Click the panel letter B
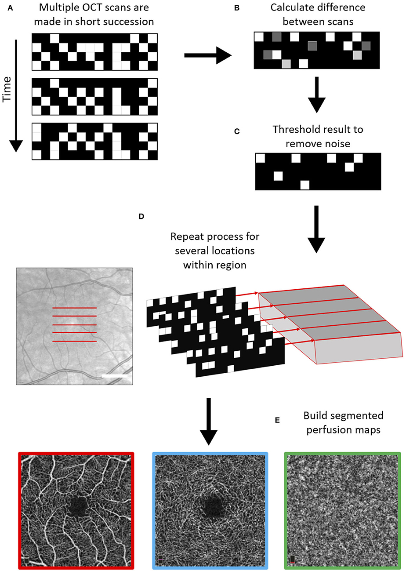point(237,7)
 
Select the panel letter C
point(237,131)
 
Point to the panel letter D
point(141,216)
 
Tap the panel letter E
point(277,421)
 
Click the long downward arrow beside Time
point(16,95)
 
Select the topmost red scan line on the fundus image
point(74,308)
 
